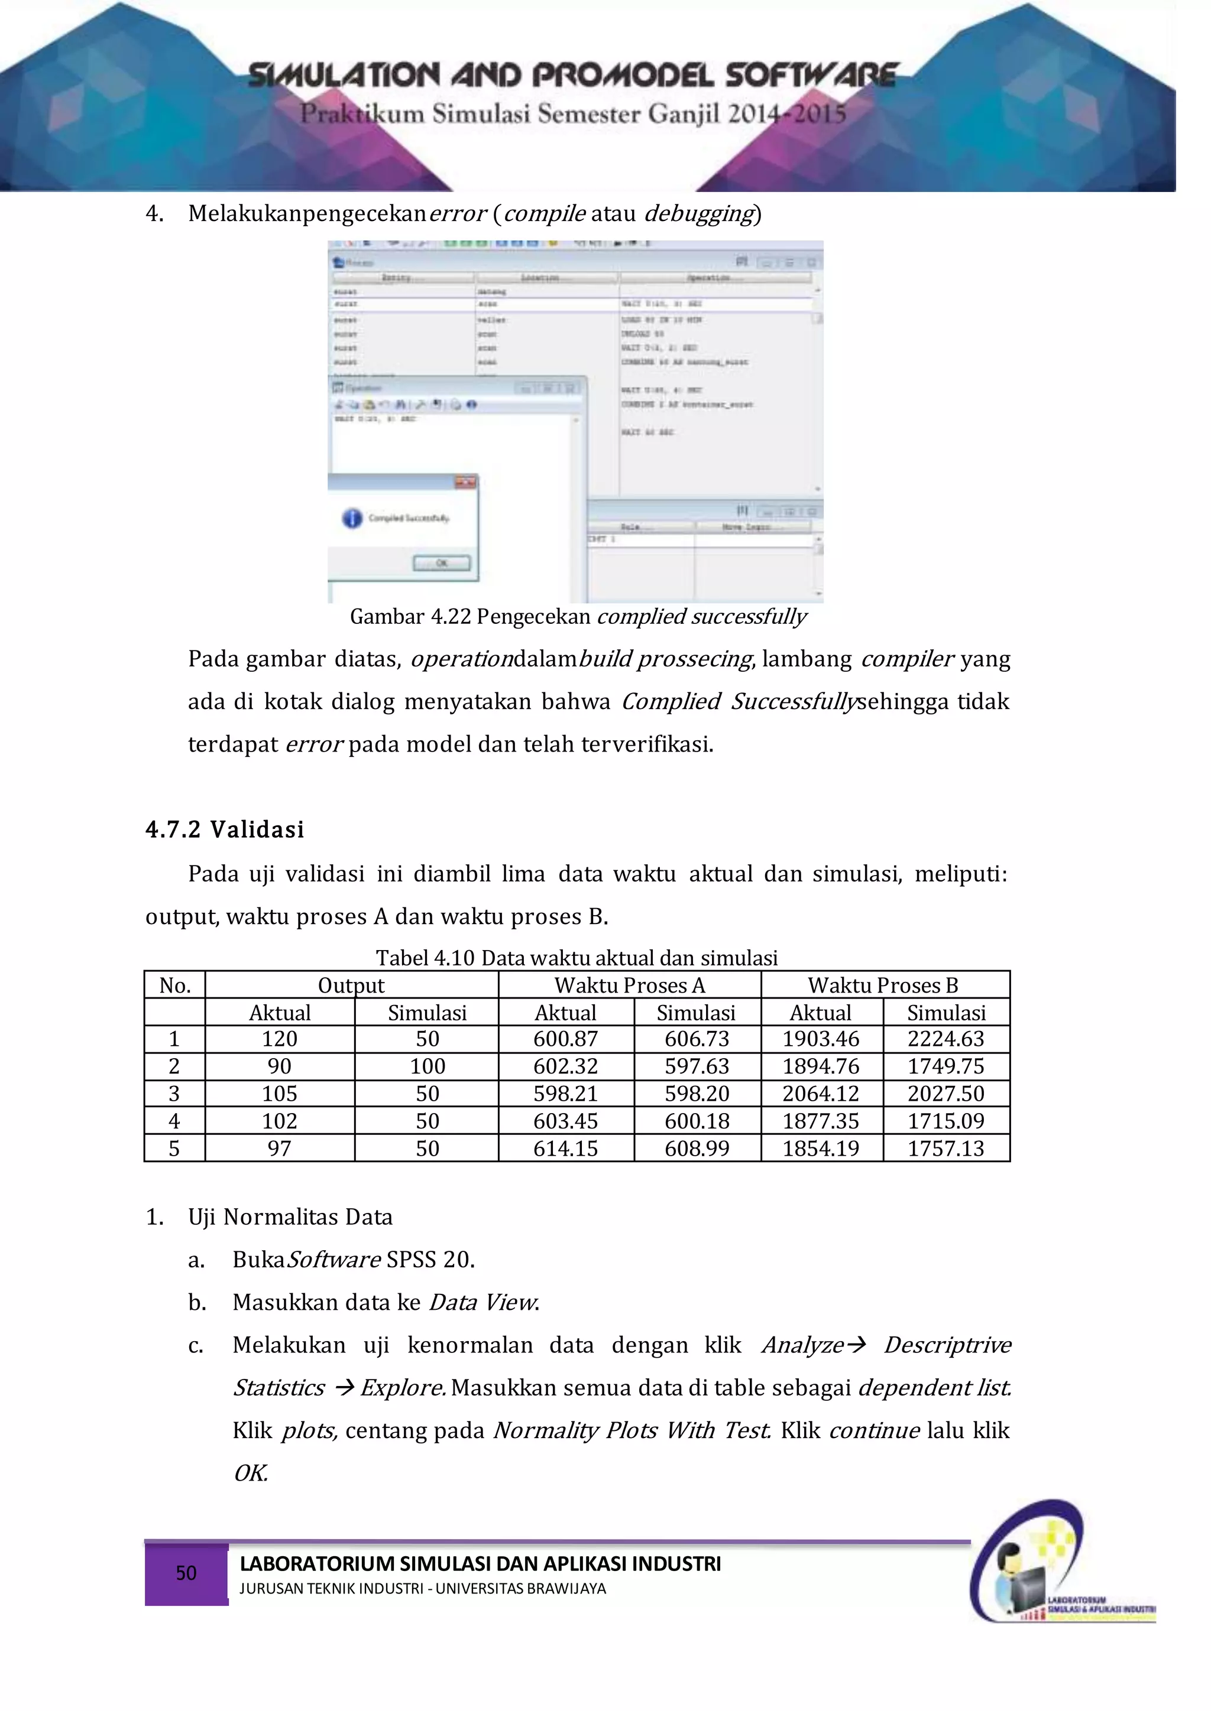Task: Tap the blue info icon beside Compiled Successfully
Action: pos(352,518)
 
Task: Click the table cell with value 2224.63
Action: pos(946,1039)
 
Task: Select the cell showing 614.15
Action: pos(565,1149)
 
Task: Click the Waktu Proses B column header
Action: pos(883,985)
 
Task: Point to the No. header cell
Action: pos(174,985)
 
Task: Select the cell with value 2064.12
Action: pos(820,1094)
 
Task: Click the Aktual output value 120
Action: pos(280,1039)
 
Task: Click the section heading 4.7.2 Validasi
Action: pos(225,830)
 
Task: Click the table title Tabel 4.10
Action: pos(576,958)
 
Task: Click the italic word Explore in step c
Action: pos(403,1388)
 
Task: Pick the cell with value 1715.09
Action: pos(946,1121)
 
